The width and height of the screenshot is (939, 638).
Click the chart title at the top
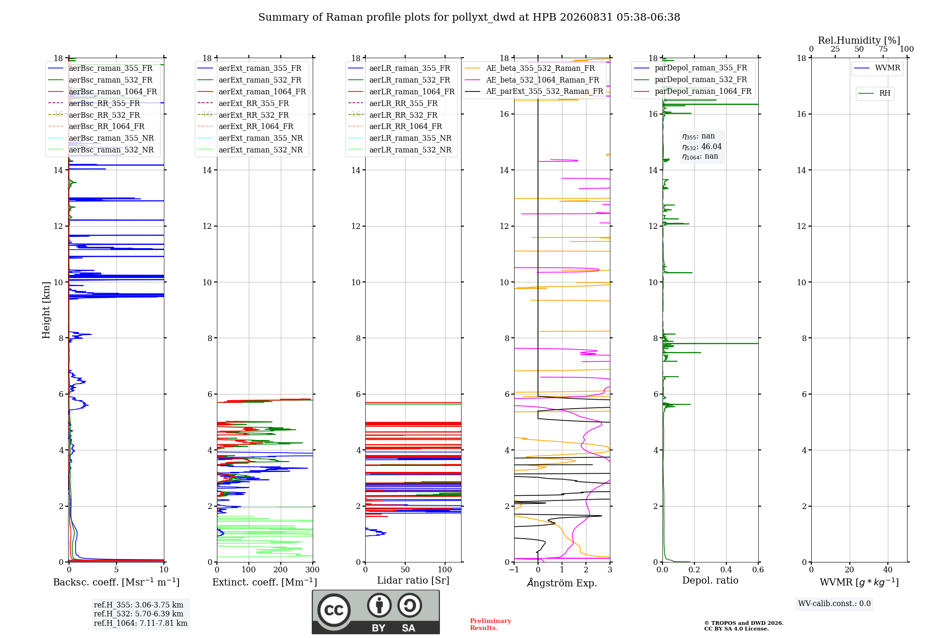pos(469,17)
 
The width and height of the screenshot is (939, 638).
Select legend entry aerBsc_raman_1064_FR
pos(113,91)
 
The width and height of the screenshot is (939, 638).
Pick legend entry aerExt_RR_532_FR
pos(254,115)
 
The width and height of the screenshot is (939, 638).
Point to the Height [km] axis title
pos(46,310)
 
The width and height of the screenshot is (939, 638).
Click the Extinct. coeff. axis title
pos(265,582)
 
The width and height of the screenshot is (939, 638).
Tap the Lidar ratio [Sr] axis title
pos(413,581)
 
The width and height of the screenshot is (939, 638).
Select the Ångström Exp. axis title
pos(562,583)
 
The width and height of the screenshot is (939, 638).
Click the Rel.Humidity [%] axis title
pos(859,40)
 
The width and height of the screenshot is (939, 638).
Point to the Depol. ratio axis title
pos(710,581)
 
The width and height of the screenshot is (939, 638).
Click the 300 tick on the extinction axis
pos(313,570)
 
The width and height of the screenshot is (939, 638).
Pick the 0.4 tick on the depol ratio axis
pos(726,570)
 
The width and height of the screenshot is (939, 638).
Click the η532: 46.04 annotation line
pos(702,147)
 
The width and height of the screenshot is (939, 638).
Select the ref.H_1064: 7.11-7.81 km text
pos(140,623)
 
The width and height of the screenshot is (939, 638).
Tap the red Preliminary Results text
pos(491,624)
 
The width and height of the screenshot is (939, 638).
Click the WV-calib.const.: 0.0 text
pos(834,604)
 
